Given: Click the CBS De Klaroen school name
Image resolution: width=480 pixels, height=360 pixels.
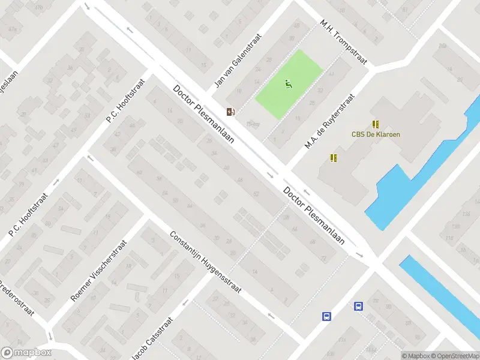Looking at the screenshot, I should coord(376,134).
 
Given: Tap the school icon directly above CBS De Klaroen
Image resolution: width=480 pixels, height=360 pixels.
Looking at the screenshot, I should coord(376,124).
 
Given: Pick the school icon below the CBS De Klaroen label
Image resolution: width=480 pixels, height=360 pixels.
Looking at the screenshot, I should coord(334,158).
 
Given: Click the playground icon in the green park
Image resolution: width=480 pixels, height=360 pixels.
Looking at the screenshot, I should coord(289,84).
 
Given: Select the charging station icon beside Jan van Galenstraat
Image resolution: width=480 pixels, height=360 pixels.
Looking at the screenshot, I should coord(230,111).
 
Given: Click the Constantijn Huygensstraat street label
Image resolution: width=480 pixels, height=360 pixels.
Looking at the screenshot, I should coord(205,262).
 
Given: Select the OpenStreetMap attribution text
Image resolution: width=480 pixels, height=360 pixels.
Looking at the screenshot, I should coord(454,356).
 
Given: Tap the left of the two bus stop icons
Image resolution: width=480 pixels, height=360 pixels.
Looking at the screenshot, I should coord(327,316).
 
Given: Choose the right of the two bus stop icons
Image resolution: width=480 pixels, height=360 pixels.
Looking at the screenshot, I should coord(358,306).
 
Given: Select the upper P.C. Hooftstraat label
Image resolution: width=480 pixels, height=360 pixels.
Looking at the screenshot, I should coord(126,100).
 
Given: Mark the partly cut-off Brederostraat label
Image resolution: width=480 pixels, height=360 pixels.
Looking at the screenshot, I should coord(16,299).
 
